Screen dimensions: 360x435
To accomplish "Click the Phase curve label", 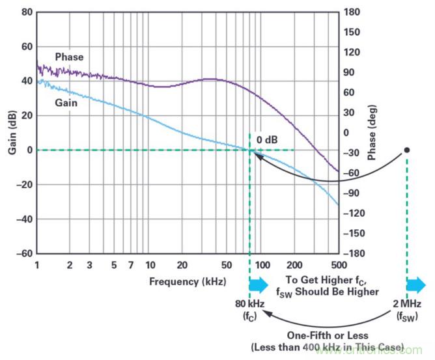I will pos(69,57).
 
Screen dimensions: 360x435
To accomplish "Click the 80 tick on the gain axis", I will pos(26,12).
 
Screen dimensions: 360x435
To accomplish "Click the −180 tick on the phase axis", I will pos(354,253).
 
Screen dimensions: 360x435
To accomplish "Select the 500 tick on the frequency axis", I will pos(338,266).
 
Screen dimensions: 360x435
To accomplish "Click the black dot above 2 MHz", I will pos(406,150).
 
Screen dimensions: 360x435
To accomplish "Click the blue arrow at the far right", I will pos(416,284).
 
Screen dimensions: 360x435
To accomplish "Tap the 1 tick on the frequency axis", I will pos(38,266).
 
